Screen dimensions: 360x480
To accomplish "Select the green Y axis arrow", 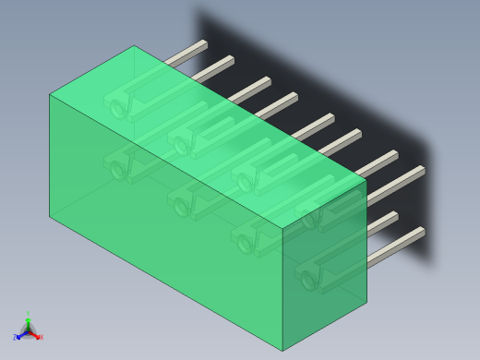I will click(x=28, y=317).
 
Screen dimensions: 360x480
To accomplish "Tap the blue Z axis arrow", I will click(x=18, y=337).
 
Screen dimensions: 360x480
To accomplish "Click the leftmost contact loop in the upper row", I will click(x=118, y=108).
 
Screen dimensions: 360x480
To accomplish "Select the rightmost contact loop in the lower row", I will click(x=308, y=276).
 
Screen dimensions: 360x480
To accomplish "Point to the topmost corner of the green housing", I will click(x=135, y=46).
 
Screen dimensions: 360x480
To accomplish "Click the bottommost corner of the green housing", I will click(x=282, y=350).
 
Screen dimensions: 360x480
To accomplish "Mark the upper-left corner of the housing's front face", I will click(x=49, y=94).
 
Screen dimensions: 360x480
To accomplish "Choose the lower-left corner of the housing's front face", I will click(x=49, y=216).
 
